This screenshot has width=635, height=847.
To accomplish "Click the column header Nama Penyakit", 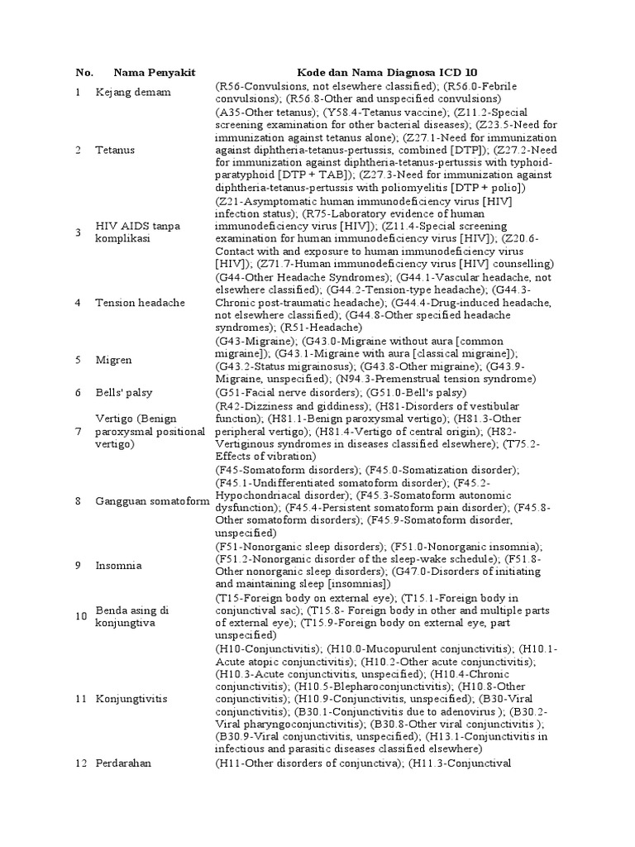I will tap(154, 73).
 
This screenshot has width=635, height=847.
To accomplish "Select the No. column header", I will tap(84, 73).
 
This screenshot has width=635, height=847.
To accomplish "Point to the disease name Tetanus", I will tap(115, 150).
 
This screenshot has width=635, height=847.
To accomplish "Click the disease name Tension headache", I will tap(140, 303).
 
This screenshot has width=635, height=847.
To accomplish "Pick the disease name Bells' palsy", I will tap(124, 392).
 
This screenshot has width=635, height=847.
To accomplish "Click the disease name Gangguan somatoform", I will tap(152, 501).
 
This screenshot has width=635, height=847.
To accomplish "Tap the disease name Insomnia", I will tap(119, 566).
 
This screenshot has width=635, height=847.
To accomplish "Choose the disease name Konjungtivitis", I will tap(131, 699).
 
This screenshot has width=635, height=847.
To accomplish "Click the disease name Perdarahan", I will tap(124, 763).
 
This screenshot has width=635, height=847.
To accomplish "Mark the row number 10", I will tap(81, 616).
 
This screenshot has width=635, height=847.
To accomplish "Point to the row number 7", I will tap(78, 432).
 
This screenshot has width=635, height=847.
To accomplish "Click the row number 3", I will tap(78, 232).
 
